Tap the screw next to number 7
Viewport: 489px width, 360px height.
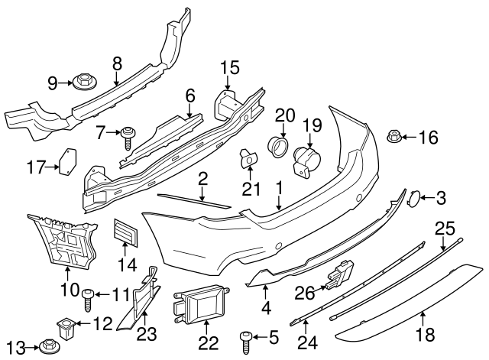[128, 138]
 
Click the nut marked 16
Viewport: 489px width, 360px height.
[395, 138]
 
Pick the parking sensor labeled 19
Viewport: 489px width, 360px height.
[308, 160]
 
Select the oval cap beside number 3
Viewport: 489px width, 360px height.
[412, 199]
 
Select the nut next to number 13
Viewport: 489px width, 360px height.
[51, 347]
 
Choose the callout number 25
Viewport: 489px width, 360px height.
[444, 227]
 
